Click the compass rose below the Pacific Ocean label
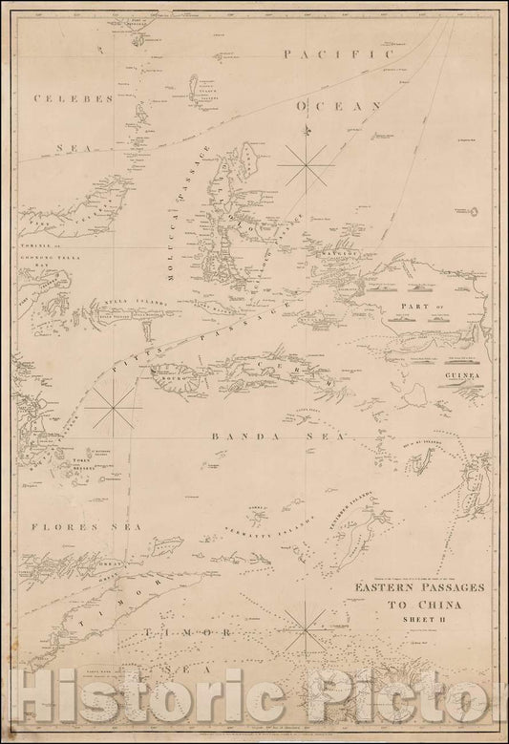point(307,163)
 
